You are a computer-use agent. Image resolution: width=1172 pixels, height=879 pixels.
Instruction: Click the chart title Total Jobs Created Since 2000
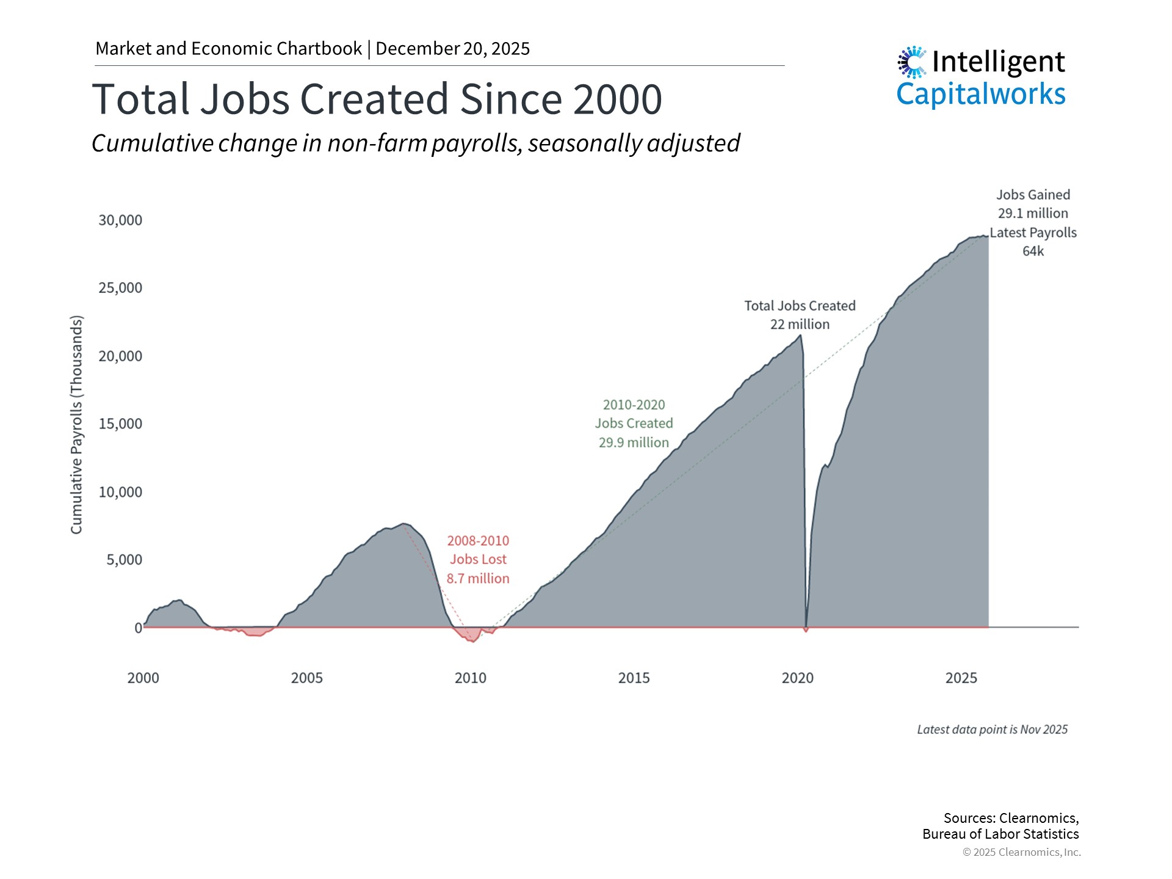click(x=377, y=99)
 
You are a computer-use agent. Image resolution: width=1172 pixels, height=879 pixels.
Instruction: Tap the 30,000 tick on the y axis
click(x=120, y=220)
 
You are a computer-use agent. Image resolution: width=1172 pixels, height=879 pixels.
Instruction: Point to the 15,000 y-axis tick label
click(x=120, y=424)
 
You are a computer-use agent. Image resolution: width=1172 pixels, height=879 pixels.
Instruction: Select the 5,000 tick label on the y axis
click(x=124, y=560)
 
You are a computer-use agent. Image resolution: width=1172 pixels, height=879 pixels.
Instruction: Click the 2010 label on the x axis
click(x=470, y=678)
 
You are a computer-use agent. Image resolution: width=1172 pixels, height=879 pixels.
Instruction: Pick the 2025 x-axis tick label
click(x=961, y=678)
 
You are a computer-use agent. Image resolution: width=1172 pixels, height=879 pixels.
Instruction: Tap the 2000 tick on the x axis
click(x=143, y=678)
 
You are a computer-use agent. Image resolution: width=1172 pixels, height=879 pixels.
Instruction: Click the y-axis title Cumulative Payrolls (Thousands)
click(x=76, y=425)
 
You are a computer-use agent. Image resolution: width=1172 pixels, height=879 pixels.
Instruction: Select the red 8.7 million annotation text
click(x=477, y=579)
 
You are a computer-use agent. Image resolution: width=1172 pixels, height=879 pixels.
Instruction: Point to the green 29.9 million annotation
click(x=634, y=443)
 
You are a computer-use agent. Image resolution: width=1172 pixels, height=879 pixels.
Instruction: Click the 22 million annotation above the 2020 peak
click(x=800, y=325)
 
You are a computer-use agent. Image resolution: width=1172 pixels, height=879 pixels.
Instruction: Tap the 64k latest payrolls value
click(x=1033, y=251)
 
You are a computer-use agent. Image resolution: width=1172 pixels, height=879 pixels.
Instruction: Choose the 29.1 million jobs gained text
click(x=1033, y=214)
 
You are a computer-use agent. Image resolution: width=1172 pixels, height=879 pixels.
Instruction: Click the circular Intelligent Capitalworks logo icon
click(x=912, y=62)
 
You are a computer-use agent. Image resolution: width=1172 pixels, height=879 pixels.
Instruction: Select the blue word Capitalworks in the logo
click(x=980, y=95)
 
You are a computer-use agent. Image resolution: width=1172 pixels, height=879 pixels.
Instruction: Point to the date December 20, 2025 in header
click(x=452, y=49)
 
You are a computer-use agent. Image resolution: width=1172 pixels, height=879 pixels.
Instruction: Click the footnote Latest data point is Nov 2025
click(x=992, y=729)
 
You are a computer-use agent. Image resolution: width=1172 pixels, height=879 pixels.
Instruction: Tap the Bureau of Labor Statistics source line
click(x=1000, y=834)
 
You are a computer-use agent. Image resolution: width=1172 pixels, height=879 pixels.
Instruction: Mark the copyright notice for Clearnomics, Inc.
click(x=1021, y=852)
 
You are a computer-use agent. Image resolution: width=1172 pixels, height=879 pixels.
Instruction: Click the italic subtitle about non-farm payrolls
click(x=416, y=143)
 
